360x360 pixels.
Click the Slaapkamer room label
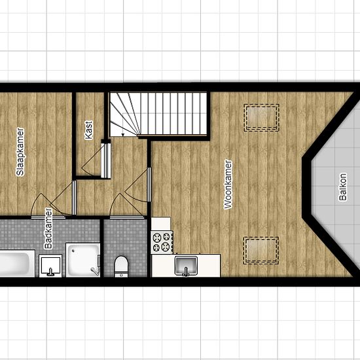[20, 152]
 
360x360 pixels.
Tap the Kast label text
[88, 130]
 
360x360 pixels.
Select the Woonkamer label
[228, 185]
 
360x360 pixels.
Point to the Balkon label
[343, 187]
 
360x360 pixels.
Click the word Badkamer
[48, 228]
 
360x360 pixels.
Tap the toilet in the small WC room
[121, 266]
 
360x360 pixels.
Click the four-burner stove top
[162, 242]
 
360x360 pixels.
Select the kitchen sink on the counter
[186, 266]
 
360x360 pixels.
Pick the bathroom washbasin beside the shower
[50, 266]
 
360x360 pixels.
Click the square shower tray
[83, 260]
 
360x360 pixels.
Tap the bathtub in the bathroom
[16, 263]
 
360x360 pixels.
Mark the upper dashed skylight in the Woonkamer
[262, 118]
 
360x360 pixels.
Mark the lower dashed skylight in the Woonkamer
[261, 251]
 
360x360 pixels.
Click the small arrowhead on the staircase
[123, 135]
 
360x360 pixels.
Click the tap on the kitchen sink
[186, 272]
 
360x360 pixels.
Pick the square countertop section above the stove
[161, 224]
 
